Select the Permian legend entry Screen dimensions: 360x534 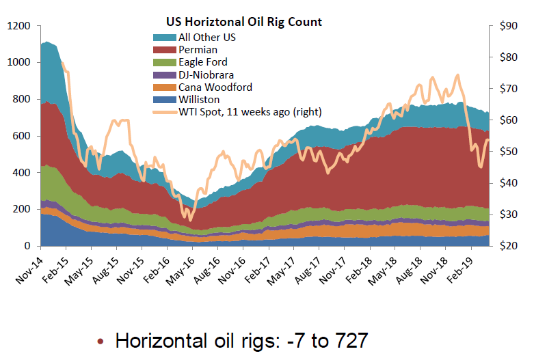tap(198, 50)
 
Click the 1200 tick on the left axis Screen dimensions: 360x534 tap(18, 26)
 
